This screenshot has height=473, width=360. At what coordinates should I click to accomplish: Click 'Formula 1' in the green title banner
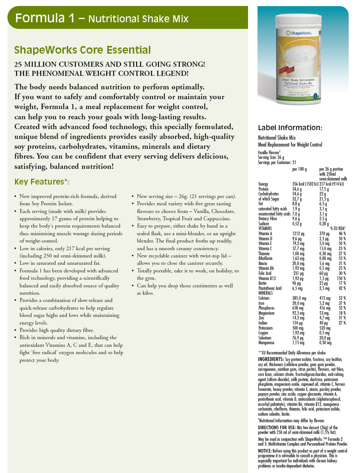(x=45, y=18)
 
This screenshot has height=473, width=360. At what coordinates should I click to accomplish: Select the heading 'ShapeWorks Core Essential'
(x=82, y=50)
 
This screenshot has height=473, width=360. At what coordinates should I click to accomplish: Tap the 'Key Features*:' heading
(x=42, y=182)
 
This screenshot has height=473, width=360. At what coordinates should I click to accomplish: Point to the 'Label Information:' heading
(x=290, y=128)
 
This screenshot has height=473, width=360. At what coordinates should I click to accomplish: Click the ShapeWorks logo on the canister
(x=299, y=33)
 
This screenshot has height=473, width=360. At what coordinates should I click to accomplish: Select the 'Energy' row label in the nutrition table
(x=263, y=184)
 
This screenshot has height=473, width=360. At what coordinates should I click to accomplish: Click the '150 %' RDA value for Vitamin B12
(x=341, y=278)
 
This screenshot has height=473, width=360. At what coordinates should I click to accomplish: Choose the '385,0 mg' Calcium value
(x=299, y=298)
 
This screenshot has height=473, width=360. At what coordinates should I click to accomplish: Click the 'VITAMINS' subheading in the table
(x=265, y=229)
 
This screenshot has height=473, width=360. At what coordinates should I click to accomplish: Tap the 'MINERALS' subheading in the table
(x=266, y=293)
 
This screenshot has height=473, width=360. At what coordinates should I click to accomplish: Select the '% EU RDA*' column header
(x=338, y=229)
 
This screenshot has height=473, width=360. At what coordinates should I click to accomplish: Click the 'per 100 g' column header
(x=299, y=169)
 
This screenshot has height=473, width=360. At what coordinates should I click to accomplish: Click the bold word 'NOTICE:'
(x=265, y=451)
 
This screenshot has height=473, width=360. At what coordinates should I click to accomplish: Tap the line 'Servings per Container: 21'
(x=277, y=163)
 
